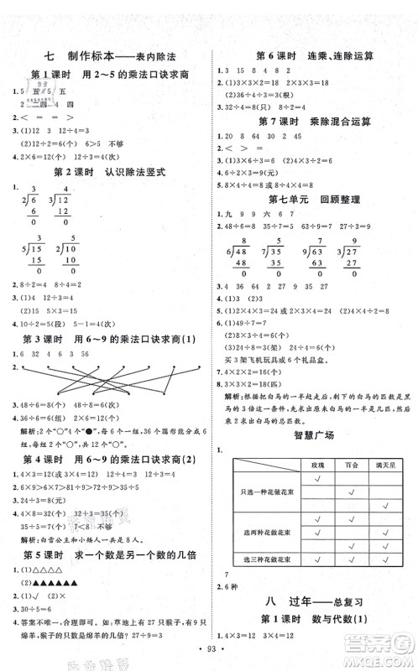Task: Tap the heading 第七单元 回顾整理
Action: click(x=314, y=200)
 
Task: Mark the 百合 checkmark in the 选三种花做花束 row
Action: click(x=353, y=559)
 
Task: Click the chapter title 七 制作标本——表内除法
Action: click(x=108, y=58)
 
